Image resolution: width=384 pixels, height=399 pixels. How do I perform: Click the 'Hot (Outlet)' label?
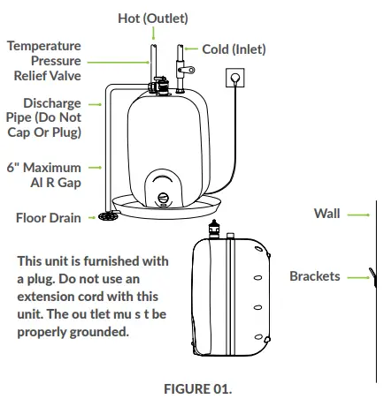coord(152,18)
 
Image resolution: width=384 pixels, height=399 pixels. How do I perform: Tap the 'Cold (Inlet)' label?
coord(234,49)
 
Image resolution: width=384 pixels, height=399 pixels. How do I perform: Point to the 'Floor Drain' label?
coord(49,218)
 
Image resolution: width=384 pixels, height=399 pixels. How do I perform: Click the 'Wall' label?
coord(326,214)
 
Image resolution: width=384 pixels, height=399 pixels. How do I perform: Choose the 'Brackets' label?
coord(314,276)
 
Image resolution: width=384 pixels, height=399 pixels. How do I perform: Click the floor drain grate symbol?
coord(108,215)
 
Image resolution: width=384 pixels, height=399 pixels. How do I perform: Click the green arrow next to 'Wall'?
coord(357,214)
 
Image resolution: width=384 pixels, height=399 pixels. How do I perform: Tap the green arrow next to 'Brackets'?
coord(357,276)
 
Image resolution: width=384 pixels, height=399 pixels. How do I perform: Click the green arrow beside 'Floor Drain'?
coord(91,218)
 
